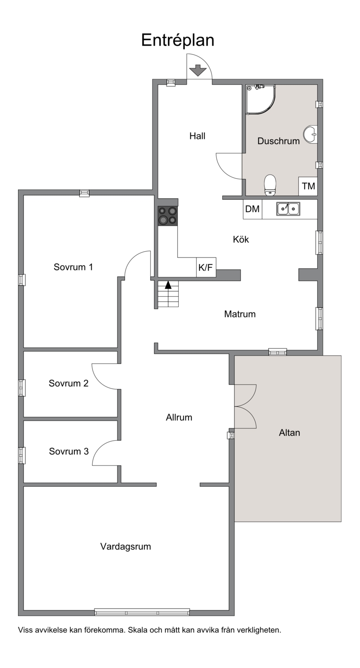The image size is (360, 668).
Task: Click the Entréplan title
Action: tap(178, 41)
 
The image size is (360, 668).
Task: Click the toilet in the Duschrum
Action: tap(270, 185)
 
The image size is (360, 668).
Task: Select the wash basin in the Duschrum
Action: tap(310, 134)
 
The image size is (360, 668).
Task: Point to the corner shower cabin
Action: tap(260, 99)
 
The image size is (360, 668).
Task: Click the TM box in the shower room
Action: tap(308, 186)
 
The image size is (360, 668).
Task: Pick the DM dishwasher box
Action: tap(252, 209)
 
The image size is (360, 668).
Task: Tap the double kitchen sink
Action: tap(288, 209)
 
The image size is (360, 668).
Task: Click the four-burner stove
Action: tap(167, 216)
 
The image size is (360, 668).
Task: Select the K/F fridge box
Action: tap(206, 267)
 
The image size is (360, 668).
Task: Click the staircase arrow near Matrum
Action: tap(168, 285)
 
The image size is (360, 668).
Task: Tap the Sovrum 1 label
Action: tap(73, 267)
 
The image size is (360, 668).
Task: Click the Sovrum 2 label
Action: tap(68, 383)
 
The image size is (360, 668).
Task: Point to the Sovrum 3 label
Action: tap(69, 451)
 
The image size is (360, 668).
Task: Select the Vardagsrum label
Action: tap(126, 546)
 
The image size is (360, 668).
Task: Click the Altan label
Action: tap(289, 433)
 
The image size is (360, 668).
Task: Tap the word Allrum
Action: tap(179, 417)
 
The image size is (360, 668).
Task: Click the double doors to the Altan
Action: tap(245, 406)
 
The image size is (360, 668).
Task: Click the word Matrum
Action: tap(240, 314)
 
